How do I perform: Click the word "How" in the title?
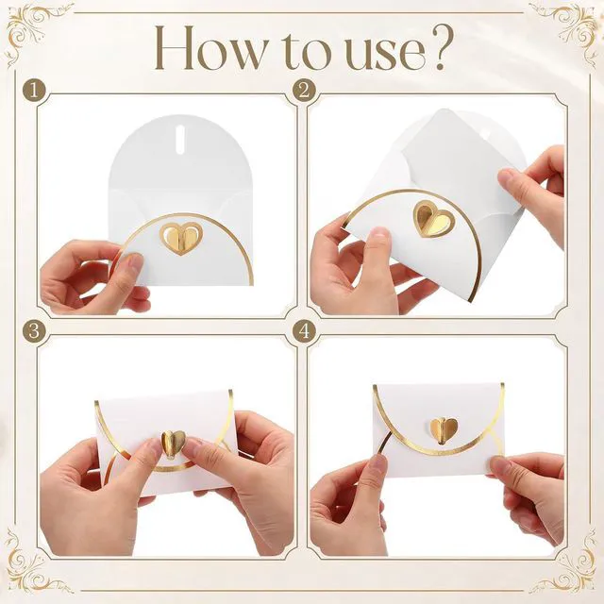point(209,48)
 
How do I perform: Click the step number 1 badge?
point(34,92)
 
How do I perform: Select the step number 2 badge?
point(304,92)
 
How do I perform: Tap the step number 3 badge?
point(34,331)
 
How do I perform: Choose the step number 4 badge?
point(304,331)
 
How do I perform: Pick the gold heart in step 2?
point(434,218)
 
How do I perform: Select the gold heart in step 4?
point(445,430)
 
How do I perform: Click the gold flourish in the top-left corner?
point(38,33)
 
